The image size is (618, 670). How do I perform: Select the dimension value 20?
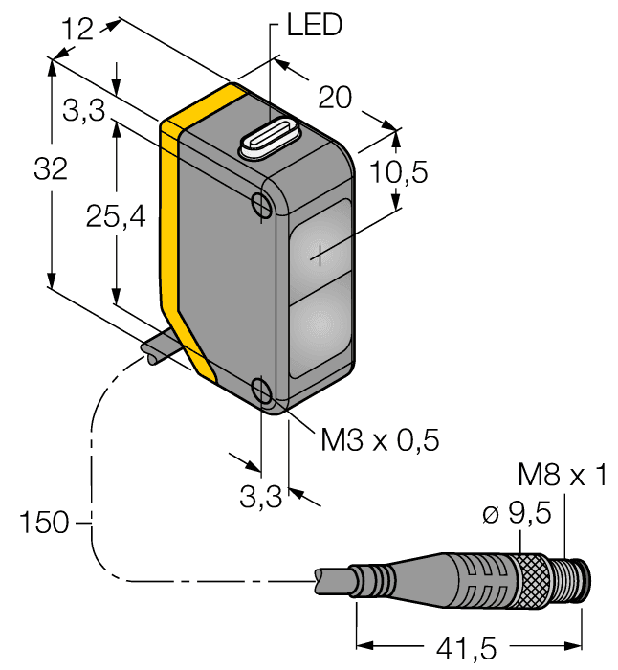335,97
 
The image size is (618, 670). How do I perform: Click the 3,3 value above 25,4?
84,113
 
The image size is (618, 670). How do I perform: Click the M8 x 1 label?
562,476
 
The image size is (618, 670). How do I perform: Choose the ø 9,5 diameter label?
518,514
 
